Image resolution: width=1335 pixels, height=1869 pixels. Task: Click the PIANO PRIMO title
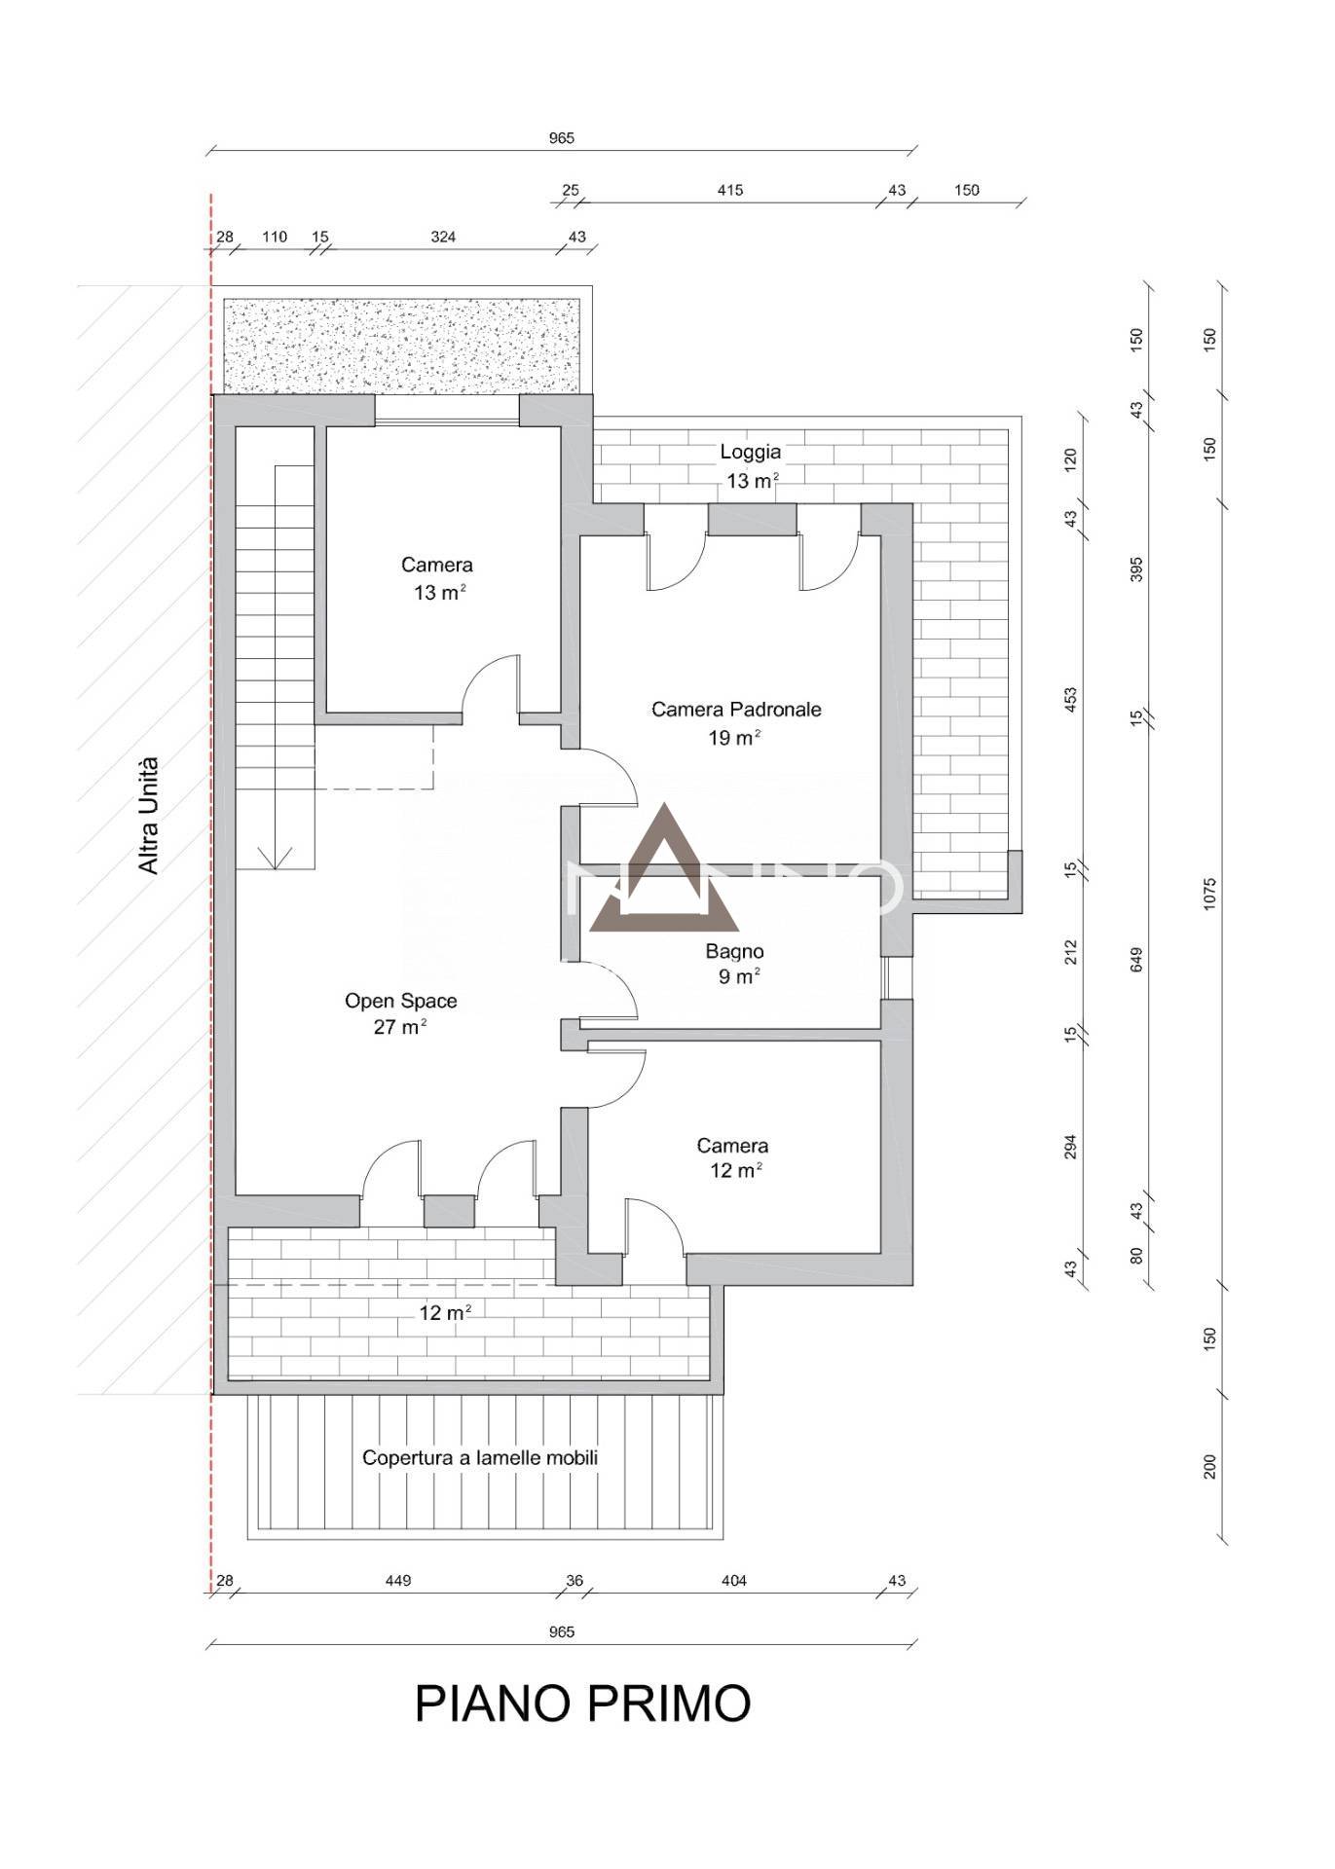(582, 1703)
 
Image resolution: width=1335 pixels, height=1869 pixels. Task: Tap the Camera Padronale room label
(736, 710)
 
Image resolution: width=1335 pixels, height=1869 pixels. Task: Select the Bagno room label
(734, 951)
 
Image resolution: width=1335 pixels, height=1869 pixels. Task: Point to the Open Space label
(400, 1001)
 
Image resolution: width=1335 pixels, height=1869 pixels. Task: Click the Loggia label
(750, 452)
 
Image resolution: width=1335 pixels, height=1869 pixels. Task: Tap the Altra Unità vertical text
(148, 815)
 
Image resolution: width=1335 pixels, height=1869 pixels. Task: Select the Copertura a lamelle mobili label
(480, 1457)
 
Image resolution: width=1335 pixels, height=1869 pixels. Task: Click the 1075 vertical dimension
(1209, 894)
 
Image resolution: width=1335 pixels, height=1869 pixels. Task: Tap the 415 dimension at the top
(729, 190)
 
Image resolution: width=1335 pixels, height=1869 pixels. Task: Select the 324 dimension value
(443, 237)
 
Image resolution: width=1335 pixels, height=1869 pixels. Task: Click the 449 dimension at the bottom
(398, 1580)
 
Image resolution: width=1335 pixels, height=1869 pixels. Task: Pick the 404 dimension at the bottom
(733, 1580)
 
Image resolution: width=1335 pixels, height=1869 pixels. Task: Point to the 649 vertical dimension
(1135, 959)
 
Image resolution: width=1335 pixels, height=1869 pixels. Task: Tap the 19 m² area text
(734, 737)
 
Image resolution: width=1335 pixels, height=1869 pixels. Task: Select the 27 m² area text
(400, 1026)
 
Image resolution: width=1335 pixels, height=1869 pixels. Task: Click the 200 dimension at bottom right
(1209, 1466)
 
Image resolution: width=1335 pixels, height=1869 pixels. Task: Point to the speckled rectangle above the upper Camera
(402, 346)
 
